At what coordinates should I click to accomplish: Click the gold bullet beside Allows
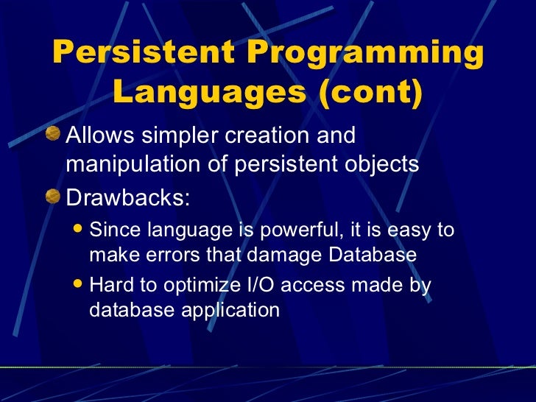[x=54, y=135]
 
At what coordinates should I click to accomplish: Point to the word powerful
[x=295, y=231]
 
